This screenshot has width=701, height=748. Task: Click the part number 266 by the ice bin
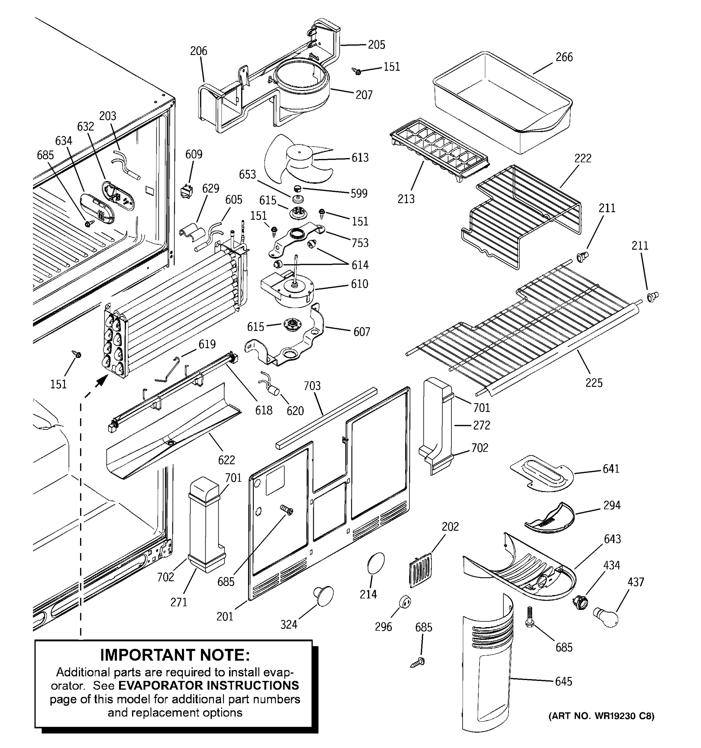[564, 57]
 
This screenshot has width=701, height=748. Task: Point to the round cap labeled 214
[375, 563]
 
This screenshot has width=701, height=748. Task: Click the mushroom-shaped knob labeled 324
[324, 596]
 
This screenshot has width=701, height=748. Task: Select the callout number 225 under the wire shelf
[594, 383]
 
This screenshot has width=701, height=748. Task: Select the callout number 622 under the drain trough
[227, 459]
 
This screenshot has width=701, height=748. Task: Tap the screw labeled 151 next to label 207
[357, 71]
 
